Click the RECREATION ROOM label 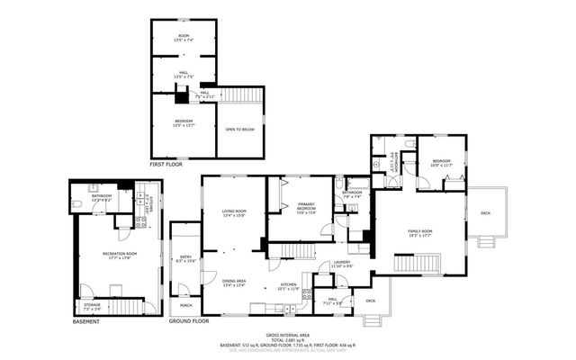[x=119, y=255]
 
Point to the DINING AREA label [x=235, y=283]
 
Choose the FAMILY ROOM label [x=420, y=233]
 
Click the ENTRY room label [x=185, y=259]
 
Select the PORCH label [x=185, y=293]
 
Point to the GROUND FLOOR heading [x=189, y=321]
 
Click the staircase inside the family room [x=419, y=263]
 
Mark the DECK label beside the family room [x=486, y=212]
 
